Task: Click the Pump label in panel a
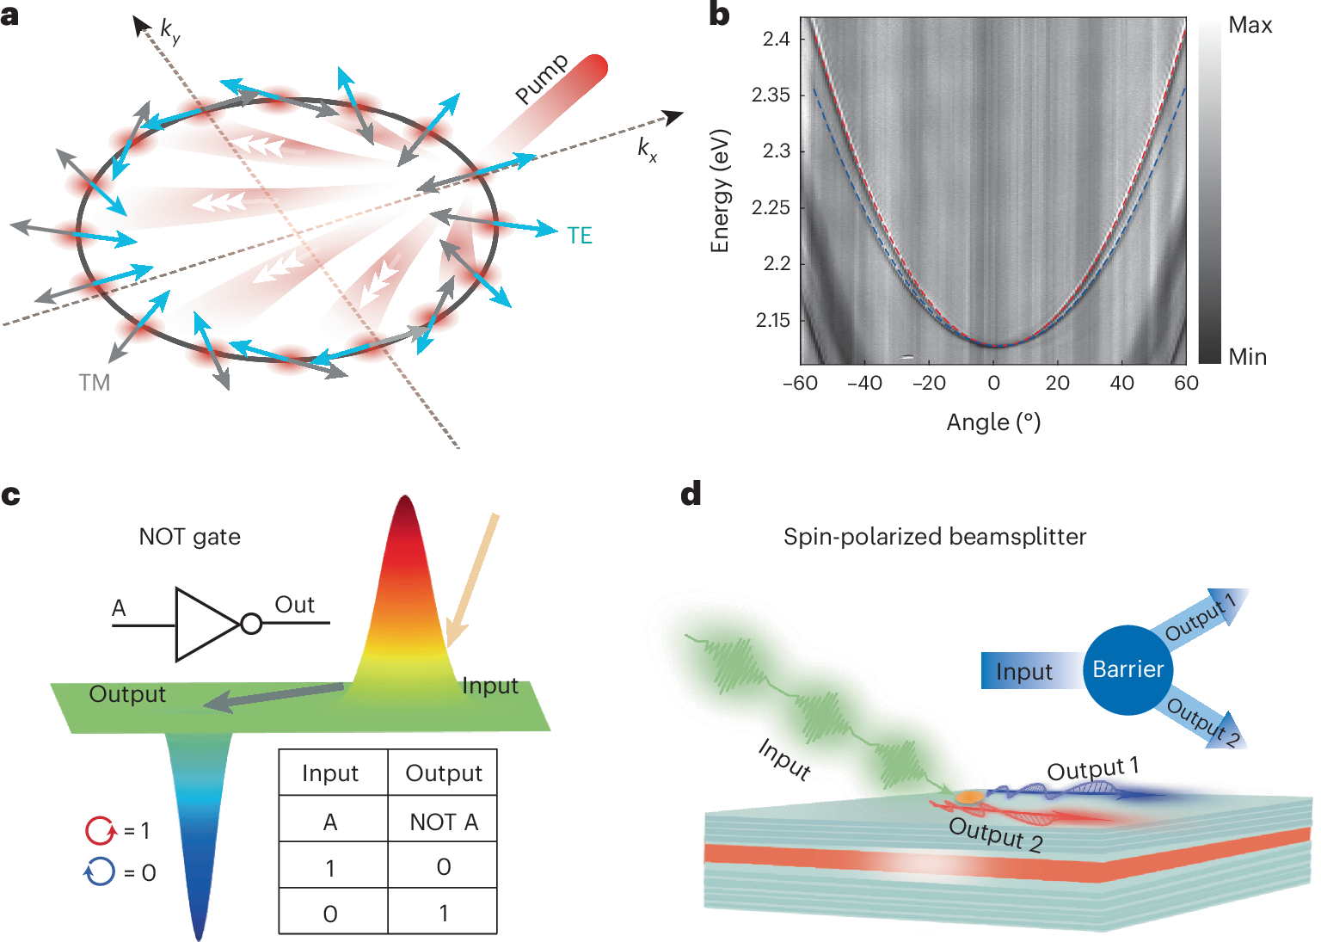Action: point(542,78)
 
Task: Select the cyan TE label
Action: point(580,236)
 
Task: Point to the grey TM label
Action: point(95,383)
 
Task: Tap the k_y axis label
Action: point(170,32)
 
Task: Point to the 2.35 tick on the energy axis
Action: point(771,95)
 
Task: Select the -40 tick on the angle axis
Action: point(864,384)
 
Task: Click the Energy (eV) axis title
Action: point(720,191)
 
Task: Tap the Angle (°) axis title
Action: point(993,422)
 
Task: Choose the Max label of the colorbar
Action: point(1250,26)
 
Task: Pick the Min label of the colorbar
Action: point(1247,357)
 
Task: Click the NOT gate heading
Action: point(190,537)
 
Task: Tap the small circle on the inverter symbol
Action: point(251,624)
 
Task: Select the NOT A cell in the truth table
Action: point(443,822)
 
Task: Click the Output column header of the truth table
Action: point(443,773)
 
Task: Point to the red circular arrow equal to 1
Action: point(100,830)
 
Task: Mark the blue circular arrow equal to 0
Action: point(100,872)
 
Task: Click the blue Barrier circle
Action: point(1127,669)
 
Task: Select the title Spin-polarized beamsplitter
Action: point(934,537)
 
